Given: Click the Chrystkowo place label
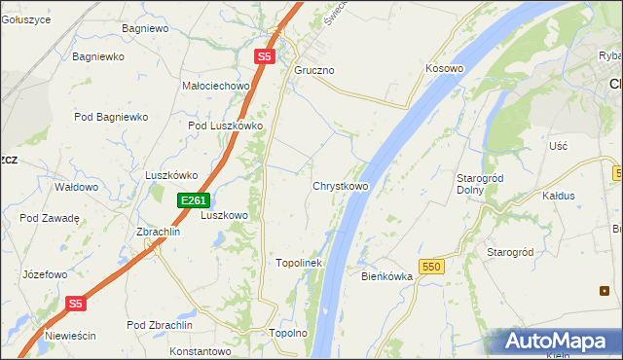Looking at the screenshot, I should coord(340,186).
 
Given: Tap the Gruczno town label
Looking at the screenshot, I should coord(314,71).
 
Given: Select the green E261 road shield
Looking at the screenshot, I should coord(193,200).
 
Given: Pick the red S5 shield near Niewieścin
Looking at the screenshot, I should coord(77,304).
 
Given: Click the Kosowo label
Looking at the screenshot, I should coord(444,69).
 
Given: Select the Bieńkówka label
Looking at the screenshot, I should coord(387,276).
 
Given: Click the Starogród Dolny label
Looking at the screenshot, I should coord(478,184).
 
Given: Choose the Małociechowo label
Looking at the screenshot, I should coord(216,86).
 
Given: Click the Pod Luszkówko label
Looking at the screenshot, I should coord(226,126).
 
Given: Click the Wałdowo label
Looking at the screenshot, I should coord(76,187).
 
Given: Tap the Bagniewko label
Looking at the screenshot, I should coord(98,57).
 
